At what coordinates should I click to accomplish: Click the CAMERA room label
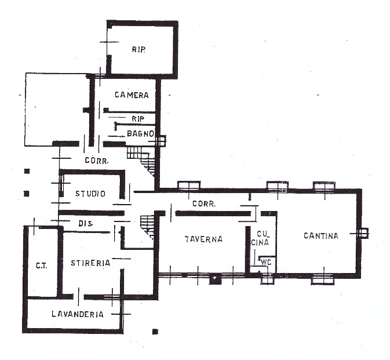tap(132, 95)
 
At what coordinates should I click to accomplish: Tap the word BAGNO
tap(141, 133)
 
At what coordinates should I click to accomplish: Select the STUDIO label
tap(90, 194)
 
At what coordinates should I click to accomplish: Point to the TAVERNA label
tap(204, 239)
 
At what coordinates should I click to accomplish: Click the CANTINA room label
tap(321, 235)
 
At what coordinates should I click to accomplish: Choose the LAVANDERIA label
tap(78, 314)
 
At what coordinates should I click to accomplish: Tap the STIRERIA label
tap(90, 263)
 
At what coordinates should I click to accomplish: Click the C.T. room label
tap(41, 266)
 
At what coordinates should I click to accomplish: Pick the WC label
tap(265, 262)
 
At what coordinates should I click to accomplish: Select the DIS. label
tap(86, 224)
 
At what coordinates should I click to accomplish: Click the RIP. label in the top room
tap(138, 49)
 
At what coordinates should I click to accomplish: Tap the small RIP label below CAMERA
tap(138, 119)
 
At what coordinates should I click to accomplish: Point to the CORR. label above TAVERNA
tap(204, 203)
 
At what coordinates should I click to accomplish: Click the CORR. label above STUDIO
tap(97, 161)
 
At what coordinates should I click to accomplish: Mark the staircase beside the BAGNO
tap(141, 160)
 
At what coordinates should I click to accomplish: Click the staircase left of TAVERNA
tap(148, 227)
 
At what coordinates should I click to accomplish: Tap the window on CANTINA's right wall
tap(363, 234)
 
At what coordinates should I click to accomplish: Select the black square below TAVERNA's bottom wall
tap(215, 279)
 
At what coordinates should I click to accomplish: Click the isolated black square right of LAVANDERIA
tap(155, 331)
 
